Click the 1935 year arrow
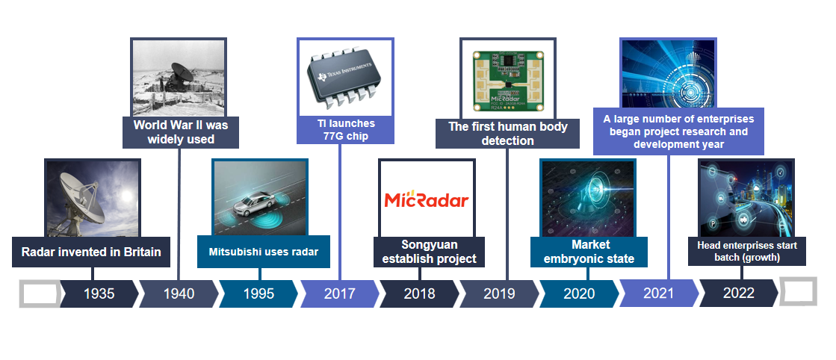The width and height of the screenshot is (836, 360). pos(99,294)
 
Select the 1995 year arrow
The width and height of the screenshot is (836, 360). pos(258,294)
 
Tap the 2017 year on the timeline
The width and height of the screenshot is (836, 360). pos(339,294)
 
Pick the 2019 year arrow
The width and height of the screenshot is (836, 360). pos(499,294)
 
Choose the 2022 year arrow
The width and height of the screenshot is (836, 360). pos(738,294)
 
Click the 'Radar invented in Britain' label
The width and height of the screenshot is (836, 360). pos(91,252)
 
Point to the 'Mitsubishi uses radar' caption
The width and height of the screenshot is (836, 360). pos(264,252)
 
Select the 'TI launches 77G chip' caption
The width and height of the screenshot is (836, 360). pos(345,130)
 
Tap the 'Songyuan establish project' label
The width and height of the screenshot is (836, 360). pos(429,252)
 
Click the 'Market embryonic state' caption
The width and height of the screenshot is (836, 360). pos(589,252)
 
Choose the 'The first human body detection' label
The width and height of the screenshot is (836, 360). pos(507,134)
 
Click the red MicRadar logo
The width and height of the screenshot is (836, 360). pos(427,200)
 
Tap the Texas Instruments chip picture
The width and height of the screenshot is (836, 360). pos(345,77)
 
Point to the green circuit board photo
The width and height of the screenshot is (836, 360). pos(508,81)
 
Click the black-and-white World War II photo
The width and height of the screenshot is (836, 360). pos(179,78)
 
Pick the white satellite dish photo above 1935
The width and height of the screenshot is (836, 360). pos(93,199)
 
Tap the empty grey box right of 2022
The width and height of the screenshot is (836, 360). pos(798,291)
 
